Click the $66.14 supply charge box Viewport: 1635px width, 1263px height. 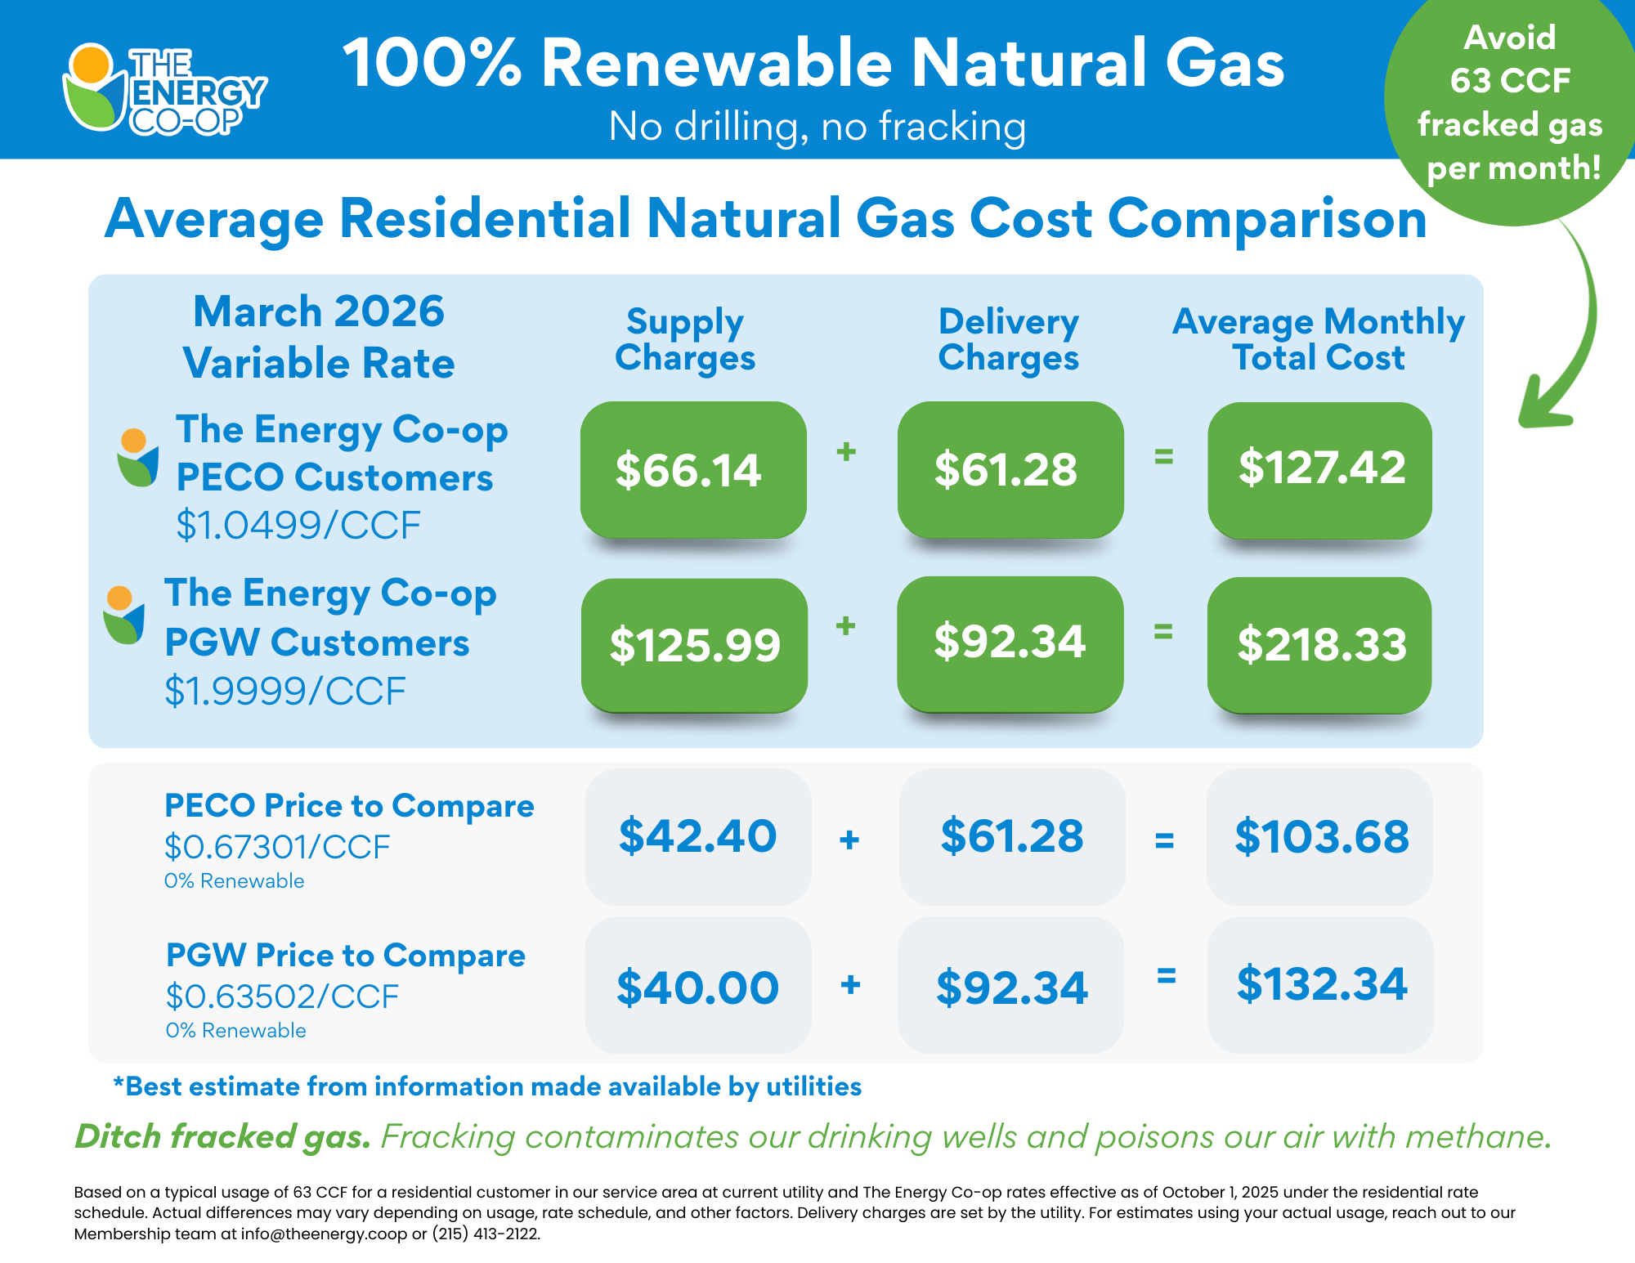pos(692,470)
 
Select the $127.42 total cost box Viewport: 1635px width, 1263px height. pos(1319,468)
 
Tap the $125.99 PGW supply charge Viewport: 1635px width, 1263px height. pos(694,644)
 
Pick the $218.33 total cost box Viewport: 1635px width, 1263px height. pos(1319,644)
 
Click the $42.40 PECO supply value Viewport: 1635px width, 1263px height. pos(697,836)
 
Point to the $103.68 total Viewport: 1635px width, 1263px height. pos(1319,836)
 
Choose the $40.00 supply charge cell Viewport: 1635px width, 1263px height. pos(697,986)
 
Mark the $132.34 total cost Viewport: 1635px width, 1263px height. pos(1319,983)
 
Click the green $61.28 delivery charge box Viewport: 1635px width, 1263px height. pos(1010,470)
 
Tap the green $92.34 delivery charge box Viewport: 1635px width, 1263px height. pos(1010,643)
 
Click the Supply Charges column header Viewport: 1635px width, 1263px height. pos(685,339)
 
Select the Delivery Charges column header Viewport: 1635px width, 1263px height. pos(1009,339)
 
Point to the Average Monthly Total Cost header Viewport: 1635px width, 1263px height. pos(1318,339)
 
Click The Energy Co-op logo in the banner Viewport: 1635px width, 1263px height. pos(163,88)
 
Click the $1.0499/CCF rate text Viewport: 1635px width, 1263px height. pos(298,525)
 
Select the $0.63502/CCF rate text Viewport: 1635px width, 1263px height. pos(282,997)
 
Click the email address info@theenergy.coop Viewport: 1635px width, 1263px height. pos(324,1234)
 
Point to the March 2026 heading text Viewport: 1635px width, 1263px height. pos(319,311)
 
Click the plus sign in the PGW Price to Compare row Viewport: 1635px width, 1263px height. pos(850,984)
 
